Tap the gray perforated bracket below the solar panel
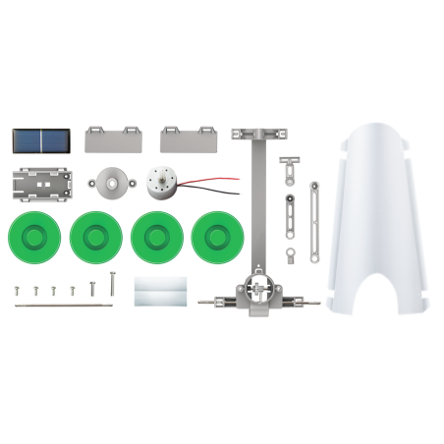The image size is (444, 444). pyautogui.click(x=42, y=183)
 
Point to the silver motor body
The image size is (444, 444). pyautogui.click(x=162, y=183)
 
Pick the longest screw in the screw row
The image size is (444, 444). pyautogui.click(x=113, y=285)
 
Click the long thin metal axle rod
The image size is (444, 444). pyautogui.click(x=61, y=305)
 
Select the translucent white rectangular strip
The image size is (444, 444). pyautogui.click(x=160, y=291)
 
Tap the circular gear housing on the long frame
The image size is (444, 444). pyautogui.click(x=257, y=289)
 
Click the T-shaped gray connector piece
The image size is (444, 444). pyautogui.click(x=291, y=165)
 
